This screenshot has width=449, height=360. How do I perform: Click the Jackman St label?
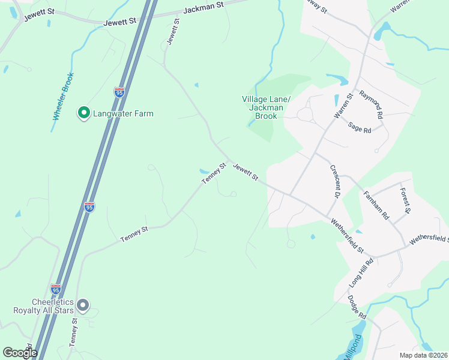tap(204, 5)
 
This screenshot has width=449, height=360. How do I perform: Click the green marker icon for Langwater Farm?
tap(84, 112)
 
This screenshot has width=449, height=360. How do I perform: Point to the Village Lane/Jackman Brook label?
tap(267, 107)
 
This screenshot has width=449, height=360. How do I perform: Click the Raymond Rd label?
tap(371, 101)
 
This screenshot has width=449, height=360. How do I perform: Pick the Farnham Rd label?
tap(377, 205)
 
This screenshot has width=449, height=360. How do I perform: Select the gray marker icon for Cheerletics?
tap(84, 306)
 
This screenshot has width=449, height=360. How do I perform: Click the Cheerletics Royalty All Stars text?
tap(44, 306)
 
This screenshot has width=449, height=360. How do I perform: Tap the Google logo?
tap(20, 353)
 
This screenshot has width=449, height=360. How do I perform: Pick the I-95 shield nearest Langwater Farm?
tap(119, 92)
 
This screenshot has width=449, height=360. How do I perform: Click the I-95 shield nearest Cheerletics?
tap(56, 289)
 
